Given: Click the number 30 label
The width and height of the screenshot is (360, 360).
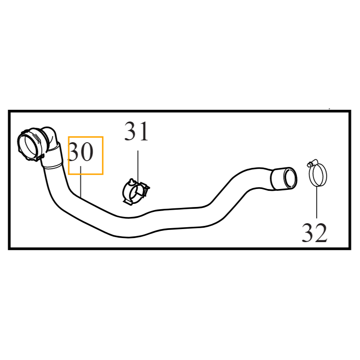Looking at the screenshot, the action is (x=81, y=152).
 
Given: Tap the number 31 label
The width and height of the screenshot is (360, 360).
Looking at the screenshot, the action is (x=136, y=131).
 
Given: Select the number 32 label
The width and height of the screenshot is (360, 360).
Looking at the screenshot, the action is (x=315, y=233).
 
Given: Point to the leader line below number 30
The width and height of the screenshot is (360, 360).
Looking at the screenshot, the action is (x=81, y=182).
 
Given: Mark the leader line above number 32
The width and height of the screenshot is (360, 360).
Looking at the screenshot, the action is (x=317, y=202).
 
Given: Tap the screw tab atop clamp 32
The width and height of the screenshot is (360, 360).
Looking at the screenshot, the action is (x=310, y=163).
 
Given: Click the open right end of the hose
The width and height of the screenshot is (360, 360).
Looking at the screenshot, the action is (x=290, y=178).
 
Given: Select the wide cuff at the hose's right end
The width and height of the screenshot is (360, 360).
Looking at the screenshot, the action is (x=284, y=179).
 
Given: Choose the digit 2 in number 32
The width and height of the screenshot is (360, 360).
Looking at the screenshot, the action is (x=321, y=233).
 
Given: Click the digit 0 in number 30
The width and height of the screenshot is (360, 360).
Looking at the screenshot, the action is (x=87, y=152).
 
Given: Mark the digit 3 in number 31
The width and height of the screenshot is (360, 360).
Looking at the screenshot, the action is (x=130, y=131).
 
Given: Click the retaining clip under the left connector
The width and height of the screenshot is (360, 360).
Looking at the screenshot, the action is (x=39, y=157).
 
